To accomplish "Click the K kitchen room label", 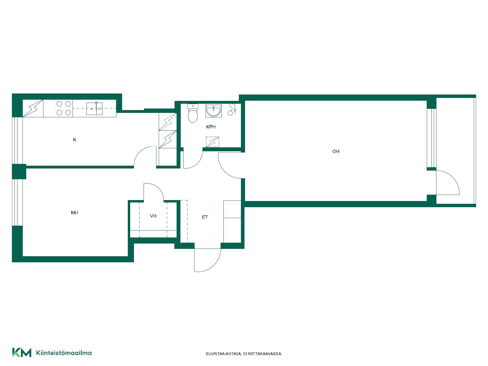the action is (75, 140).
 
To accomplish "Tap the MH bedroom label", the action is (74, 213).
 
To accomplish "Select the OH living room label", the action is (336, 151).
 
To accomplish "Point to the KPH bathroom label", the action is (211, 127).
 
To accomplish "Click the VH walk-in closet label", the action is (153, 216).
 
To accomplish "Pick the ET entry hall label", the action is (205, 217).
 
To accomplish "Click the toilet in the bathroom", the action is (193, 113).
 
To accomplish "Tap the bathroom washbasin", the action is (213, 111).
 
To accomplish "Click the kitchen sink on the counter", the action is (94, 109).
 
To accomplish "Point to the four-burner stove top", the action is (64, 108).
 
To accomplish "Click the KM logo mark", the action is (22, 352).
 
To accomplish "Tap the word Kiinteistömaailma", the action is (64, 353).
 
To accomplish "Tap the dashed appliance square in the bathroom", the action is (212, 142).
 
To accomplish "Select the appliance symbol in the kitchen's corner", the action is (33, 108).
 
